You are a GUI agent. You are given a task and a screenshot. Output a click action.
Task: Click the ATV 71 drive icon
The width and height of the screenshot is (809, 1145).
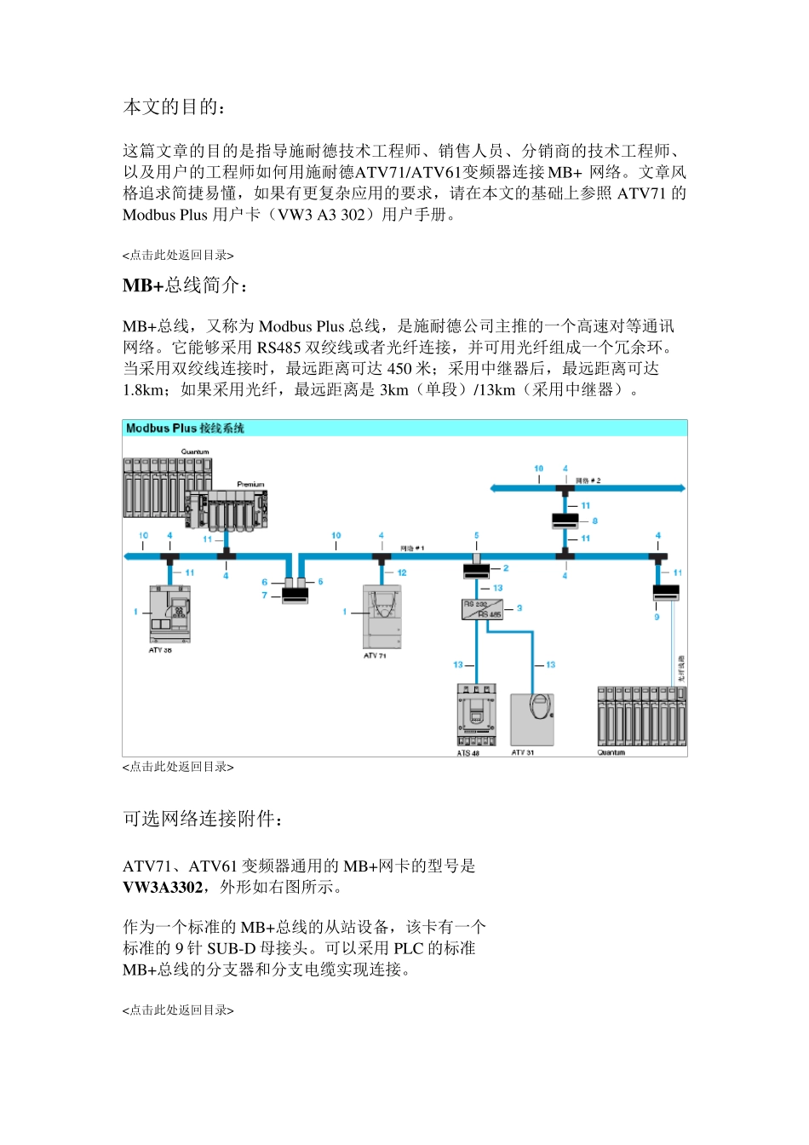click(382, 618)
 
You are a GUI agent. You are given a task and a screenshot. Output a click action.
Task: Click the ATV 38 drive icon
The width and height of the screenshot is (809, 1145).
click(169, 613)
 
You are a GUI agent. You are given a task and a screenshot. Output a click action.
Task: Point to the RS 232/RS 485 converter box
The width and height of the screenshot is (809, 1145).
click(482, 609)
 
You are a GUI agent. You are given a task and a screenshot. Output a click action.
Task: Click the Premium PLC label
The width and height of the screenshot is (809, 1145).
click(250, 484)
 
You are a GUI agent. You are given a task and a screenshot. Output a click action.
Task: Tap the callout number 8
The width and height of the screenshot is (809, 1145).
click(594, 521)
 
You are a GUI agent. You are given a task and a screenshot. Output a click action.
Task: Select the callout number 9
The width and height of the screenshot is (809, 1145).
click(657, 617)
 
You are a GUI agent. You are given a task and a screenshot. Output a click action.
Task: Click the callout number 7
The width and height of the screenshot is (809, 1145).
click(265, 596)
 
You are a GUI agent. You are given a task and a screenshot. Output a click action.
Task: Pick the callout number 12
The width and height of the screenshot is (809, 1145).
click(402, 572)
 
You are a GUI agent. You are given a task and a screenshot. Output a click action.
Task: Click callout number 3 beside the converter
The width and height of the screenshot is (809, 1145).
click(519, 608)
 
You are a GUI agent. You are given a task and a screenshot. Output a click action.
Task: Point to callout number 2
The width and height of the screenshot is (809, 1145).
click(506, 568)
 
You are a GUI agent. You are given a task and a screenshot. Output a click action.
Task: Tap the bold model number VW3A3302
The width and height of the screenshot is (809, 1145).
click(163, 888)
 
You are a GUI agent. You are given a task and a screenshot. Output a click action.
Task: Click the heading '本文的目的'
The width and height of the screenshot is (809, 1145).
click(175, 107)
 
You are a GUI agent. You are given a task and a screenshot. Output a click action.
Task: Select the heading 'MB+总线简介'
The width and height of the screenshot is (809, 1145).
click(185, 285)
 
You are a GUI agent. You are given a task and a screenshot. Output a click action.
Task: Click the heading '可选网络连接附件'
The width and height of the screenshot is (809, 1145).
click(203, 819)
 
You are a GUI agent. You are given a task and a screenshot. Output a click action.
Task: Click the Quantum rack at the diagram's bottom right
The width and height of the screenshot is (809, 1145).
click(641, 716)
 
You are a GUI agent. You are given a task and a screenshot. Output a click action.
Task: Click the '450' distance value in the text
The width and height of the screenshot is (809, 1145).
click(400, 369)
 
